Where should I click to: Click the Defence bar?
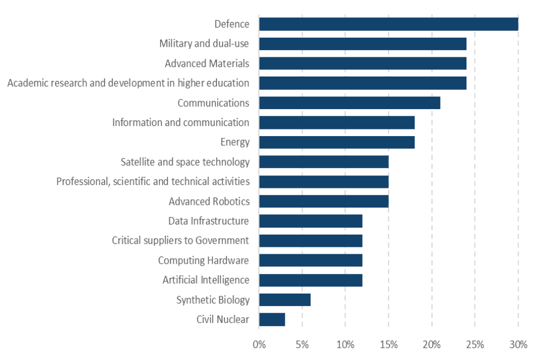[x=388, y=24]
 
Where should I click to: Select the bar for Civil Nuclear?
[x=272, y=319]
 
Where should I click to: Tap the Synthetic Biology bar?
[x=285, y=300]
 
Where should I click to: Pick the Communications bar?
[x=349, y=103]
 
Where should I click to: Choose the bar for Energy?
[x=336, y=142]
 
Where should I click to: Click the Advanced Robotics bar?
[x=323, y=201]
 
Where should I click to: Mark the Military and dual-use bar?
[x=362, y=44]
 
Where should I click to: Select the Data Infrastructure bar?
[x=310, y=221]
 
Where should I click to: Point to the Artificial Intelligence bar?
[x=310, y=280]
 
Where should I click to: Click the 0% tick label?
[x=259, y=344]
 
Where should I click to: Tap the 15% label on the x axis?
[x=388, y=344]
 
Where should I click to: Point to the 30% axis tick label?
[x=517, y=344]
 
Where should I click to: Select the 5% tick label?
[x=302, y=344]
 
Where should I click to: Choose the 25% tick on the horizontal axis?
[x=474, y=344]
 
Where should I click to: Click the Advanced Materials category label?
[x=206, y=64]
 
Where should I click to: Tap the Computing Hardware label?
[x=203, y=260]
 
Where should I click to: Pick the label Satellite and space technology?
[x=184, y=162]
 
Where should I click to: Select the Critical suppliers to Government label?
[x=180, y=241]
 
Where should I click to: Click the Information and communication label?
[x=180, y=123]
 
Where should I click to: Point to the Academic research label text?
[x=128, y=83]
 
